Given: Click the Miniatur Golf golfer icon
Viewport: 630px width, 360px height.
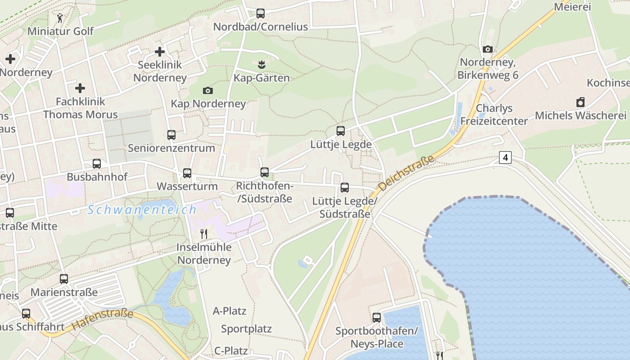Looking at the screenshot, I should [x=60, y=18].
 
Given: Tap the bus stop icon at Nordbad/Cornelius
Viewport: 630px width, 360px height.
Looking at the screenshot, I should [x=261, y=13].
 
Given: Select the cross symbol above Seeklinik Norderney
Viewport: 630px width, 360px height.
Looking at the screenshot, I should [x=159, y=52].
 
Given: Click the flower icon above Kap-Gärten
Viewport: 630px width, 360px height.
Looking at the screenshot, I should [x=261, y=65].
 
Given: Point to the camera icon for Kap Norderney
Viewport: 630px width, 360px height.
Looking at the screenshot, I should [x=207, y=91].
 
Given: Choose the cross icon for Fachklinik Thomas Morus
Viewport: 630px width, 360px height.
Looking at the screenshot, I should [x=80, y=88].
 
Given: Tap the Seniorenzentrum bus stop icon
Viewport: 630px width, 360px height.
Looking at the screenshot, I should [x=171, y=135].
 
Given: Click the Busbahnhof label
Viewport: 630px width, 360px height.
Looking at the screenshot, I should [x=97, y=177].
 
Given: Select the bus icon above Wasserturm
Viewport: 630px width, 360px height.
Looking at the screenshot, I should [x=187, y=173].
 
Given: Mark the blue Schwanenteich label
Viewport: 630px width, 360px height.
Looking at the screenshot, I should [x=142, y=210].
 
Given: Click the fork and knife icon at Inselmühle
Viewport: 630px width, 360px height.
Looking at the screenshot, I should [x=204, y=234].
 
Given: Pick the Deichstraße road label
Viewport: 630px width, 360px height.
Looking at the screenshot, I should [x=406, y=173].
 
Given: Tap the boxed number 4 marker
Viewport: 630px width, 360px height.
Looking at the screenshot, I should [x=505, y=157].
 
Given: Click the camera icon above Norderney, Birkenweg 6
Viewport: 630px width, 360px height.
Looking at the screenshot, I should [x=487, y=49].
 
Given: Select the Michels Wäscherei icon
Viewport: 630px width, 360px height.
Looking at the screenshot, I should [x=580, y=102].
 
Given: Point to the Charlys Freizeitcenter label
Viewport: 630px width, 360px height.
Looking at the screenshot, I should [x=494, y=115].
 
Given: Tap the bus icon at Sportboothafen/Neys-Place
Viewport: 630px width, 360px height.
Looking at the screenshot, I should [x=377, y=318].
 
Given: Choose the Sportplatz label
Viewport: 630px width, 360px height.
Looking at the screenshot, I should [x=246, y=329].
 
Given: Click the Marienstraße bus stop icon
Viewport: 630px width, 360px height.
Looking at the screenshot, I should [x=64, y=279].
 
